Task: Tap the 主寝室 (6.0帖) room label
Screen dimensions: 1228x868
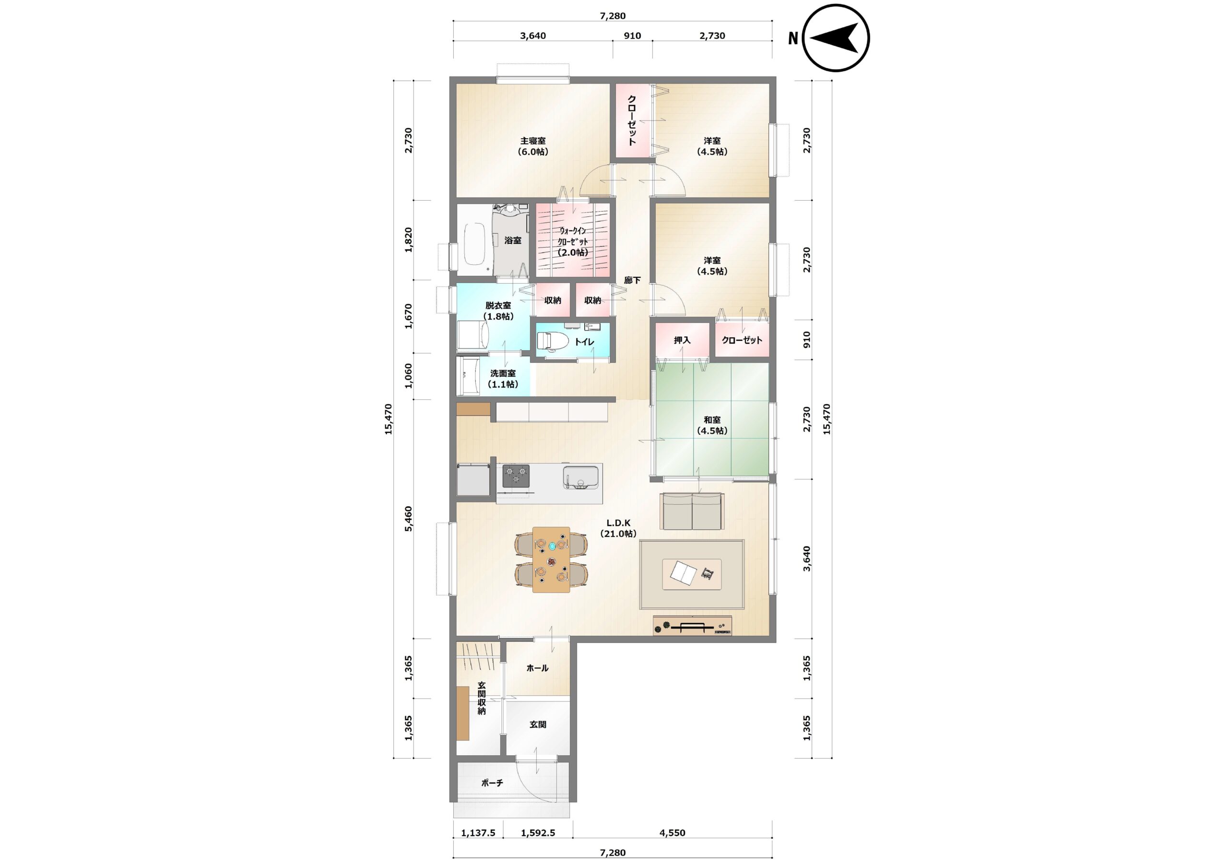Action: (533, 146)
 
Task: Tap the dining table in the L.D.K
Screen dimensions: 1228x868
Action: (552, 559)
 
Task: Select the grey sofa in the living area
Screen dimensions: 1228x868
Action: (692, 511)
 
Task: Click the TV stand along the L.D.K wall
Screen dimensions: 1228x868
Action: (692, 626)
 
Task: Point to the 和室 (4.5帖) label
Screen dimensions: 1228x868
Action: (712, 426)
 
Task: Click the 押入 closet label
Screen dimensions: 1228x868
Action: (682, 340)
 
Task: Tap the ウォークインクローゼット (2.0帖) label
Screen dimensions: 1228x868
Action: (573, 241)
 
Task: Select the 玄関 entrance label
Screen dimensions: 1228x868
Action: (538, 725)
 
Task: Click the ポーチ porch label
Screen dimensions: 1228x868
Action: (492, 783)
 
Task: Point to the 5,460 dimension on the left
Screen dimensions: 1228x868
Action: (409, 518)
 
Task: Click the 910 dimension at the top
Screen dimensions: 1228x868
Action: (632, 36)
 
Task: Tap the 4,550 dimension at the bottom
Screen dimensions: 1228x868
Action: (673, 832)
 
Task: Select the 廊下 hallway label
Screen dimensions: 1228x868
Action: (632, 280)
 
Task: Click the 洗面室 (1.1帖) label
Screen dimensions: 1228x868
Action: (503, 379)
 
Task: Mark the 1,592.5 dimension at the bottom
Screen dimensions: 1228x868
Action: (538, 832)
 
